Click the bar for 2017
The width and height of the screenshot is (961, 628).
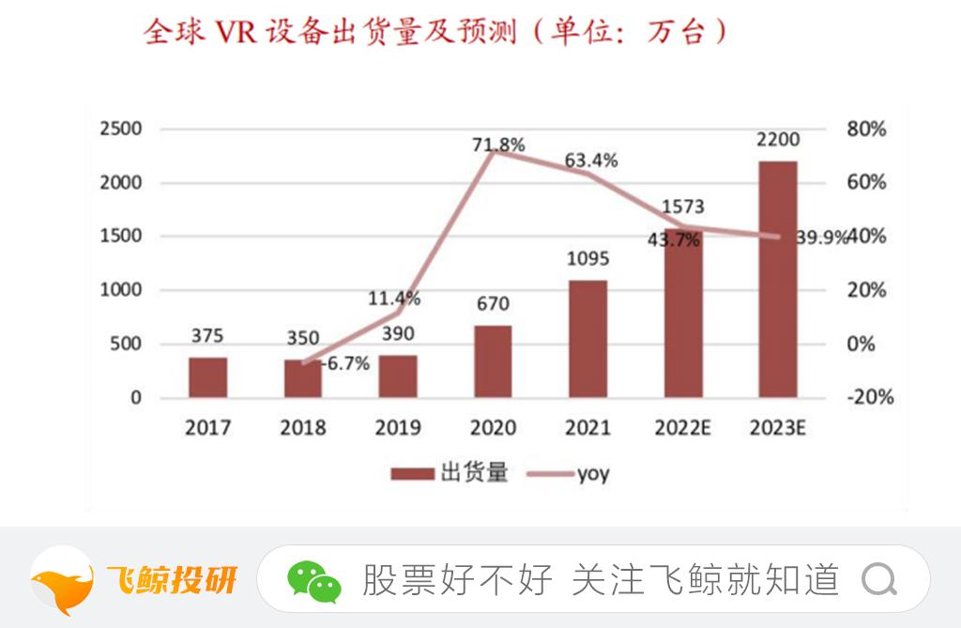click(207, 376)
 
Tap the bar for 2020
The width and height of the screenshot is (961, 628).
click(493, 361)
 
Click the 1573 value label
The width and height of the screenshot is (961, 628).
click(682, 207)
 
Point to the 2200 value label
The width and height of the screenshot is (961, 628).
click(777, 140)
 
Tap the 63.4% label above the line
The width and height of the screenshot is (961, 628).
click(591, 161)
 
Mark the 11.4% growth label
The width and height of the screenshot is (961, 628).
click(394, 299)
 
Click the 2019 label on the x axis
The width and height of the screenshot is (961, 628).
click(398, 428)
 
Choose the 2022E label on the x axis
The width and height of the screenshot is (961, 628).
click(682, 428)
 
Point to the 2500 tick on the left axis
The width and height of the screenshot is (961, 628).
click(121, 129)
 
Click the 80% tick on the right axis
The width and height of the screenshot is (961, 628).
click(866, 129)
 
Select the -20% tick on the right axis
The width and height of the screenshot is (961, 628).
click(868, 397)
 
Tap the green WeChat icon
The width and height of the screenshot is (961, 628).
click(314, 581)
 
